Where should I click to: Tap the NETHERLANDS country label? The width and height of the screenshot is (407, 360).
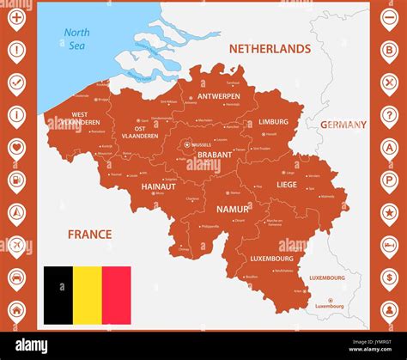(270, 49)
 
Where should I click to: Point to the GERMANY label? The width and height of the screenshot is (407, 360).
(343, 125)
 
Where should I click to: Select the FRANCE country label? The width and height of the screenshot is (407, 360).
(90, 234)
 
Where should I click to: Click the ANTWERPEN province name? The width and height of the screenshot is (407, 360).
(219, 96)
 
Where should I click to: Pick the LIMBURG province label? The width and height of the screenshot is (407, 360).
(273, 122)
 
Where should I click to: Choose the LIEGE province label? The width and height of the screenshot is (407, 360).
(286, 184)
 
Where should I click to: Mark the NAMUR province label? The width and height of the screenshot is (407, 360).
(233, 209)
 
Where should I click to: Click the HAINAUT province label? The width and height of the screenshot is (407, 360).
(158, 186)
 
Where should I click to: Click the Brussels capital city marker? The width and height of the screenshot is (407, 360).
(187, 145)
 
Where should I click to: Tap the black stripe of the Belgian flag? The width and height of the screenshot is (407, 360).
(58, 295)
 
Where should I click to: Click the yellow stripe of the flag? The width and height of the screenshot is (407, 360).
(87, 295)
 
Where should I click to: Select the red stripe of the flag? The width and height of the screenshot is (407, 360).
(116, 295)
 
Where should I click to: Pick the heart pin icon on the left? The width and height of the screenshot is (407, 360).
(16, 147)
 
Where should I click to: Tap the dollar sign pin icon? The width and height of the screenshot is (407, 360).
(389, 278)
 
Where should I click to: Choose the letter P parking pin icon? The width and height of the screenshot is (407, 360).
(389, 180)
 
